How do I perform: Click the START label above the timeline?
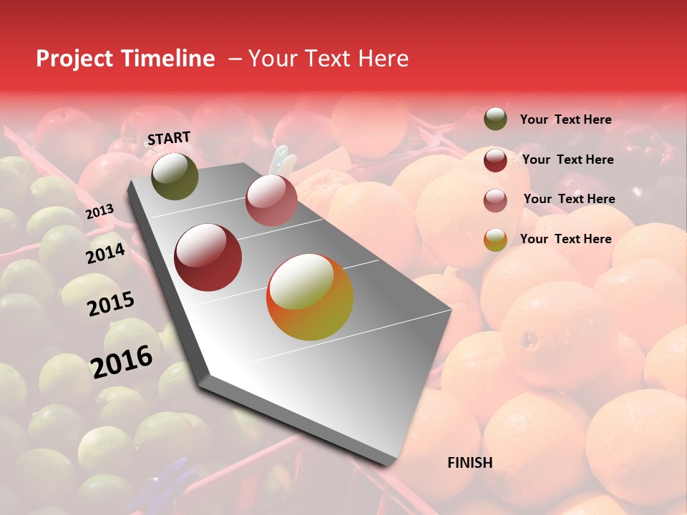pyautogui.click(x=169, y=137)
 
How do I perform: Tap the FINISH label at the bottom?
pyautogui.click(x=470, y=463)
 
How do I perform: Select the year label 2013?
pyautogui.click(x=99, y=212)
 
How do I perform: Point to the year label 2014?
pyautogui.click(x=105, y=254)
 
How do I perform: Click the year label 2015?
pyautogui.click(x=111, y=304)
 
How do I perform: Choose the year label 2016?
pyautogui.click(x=122, y=361)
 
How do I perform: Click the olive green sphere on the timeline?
pyautogui.click(x=175, y=177)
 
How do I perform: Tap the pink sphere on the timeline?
pyautogui.click(x=271, y=200)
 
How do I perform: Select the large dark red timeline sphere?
pyautogui.click(x=208, y=257)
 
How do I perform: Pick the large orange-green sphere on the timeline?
pyautogui.click(x=310, y=298)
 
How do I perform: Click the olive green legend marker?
pyautogui.click(x=495, y=119)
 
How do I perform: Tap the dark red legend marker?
pyautogui.click(x=495, y=160)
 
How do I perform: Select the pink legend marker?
pyautogui.click(x=495, y=200)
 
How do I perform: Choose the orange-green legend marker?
pyautogui.click(x=495, y=240)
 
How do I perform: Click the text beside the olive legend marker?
pyautogui.click(x=565, y=119)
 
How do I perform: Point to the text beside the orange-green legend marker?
pyautogui.click(x=565, y=239)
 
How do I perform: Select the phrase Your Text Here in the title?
pyautogui.click(x=328, y=59)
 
